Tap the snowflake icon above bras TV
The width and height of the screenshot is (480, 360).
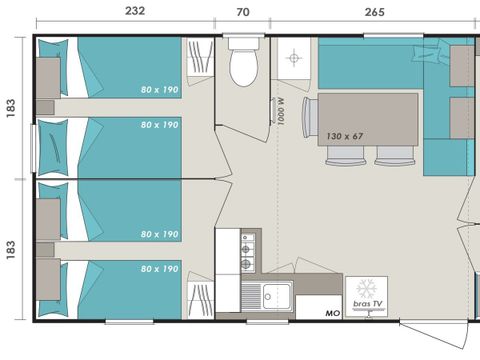tap(366, 289)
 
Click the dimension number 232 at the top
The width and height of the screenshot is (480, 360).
tap(135, 11)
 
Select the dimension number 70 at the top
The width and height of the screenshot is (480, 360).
tap(243, 12)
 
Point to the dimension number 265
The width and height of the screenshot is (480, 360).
tap(374, 12)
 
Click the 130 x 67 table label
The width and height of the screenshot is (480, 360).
tap(345, 136)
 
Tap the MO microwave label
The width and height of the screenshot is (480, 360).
tap(332, 313)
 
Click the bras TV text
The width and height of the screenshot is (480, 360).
tap(368, 304)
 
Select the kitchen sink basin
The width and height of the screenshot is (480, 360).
tap(276, 296)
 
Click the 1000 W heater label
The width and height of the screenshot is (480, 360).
tap(281, 111)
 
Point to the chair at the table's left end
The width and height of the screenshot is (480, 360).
tap(310, 117)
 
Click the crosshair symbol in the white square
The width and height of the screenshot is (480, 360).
tap(294, 58)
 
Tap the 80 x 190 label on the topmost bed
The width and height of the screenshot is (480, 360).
tap(159, 90)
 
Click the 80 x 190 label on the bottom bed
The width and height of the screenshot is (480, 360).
tap(159, 269)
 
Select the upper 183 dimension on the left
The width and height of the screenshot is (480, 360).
tap(11, 108)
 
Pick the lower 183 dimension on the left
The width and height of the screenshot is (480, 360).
tap(11, 250)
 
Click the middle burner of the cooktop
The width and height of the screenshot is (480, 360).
tap(246, 249)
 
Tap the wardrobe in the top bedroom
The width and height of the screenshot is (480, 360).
tap(200, 57)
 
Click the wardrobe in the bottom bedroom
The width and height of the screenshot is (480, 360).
tap(200, 300)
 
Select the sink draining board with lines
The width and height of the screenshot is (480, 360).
tap(251, 296)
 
